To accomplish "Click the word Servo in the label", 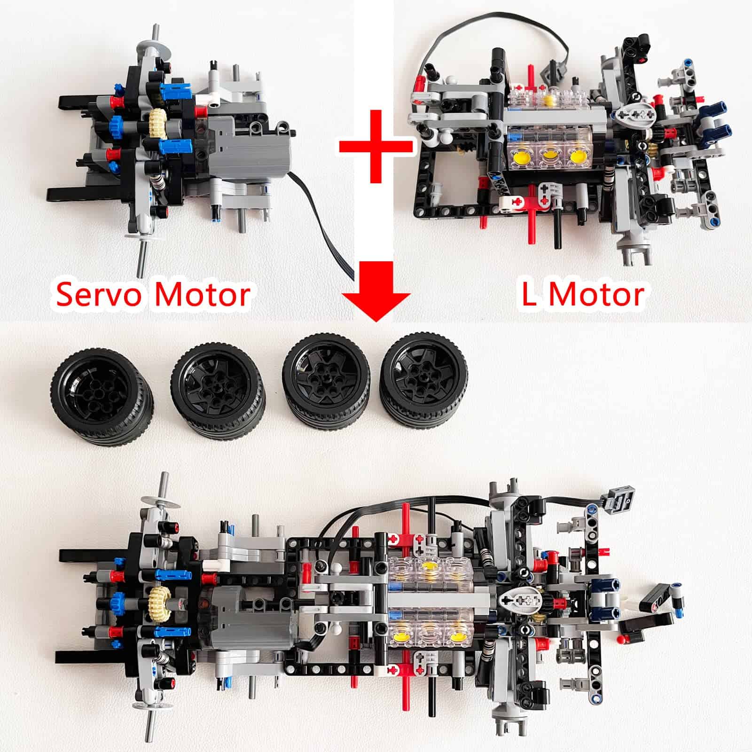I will tap(101, 295).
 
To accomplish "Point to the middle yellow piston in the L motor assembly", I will tap(548, 156).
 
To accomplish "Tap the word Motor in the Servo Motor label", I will tap(202, 295).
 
